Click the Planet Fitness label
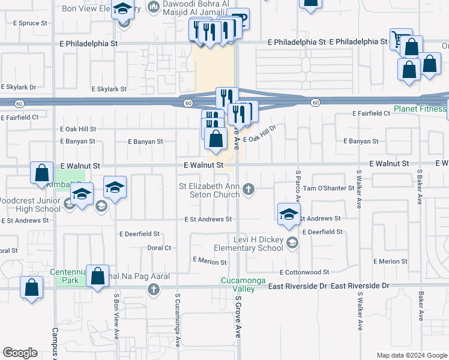(x=420, y=109)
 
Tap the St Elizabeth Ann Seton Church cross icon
(x=249, y=191)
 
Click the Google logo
(x=20, y=353)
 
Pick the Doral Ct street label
(x=159, y=247)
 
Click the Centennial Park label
(x=69, y=275)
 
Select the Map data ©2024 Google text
(x=411, y=355)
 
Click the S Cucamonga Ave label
(x=178, y=320)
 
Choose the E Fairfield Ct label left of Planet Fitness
(x=371, y=113)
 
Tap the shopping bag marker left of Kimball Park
(x=41, y=173)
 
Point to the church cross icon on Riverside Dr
(x=154, y=290)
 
